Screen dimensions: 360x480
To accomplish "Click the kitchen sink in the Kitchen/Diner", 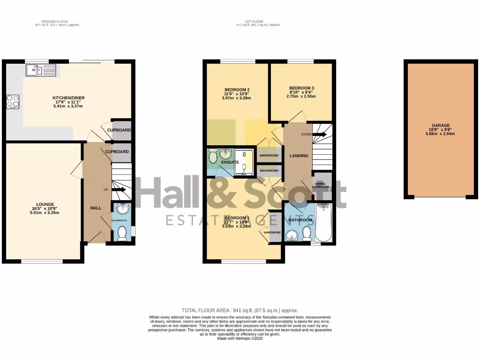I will coord(41,70).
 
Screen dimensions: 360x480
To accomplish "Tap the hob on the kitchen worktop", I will coord(13,101).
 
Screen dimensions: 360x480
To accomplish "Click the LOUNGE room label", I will coord(46,204).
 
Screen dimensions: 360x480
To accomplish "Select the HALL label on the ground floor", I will coord(96,208).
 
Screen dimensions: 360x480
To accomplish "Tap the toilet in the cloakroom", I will coord(122,233).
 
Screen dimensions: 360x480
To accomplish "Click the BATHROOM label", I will coord(300,220).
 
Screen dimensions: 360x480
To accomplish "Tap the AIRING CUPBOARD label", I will coord(322,185).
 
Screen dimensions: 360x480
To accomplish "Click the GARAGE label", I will coord(441,125).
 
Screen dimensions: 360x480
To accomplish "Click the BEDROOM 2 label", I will coord(237,90).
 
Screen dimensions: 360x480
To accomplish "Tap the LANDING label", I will coord(299,156).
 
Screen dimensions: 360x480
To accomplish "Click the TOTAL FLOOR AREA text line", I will coord(240,310).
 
